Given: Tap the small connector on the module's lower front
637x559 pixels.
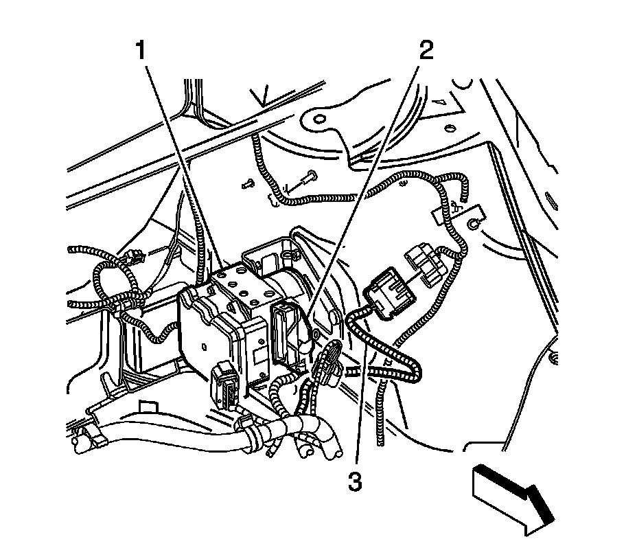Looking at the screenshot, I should coord(227,387).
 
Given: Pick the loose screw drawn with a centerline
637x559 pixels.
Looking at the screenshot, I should coord(306,177).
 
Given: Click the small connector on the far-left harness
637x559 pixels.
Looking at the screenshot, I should coord(135,259).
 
